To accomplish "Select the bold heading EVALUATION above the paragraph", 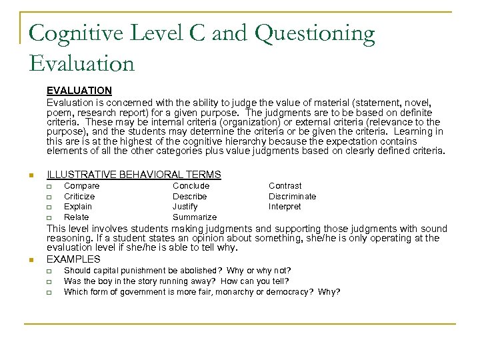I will pyautogui.click(x=79, y=90).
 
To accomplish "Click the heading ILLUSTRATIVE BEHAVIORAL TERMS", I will pyautogui.click(x=133, y=175).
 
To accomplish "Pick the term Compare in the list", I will pyautogui.click(x=81, y=186).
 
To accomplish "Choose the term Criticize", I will pyautogui.click(x=79, y=197).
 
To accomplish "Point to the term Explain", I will pyautogui.click(x=78, y=207).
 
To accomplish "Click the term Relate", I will pyautogui.click(x=76, y=217).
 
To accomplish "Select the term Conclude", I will pyautogui.click(x=191, y=186).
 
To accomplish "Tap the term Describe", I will pyautogui.click(x=190, y=197).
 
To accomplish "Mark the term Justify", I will pyautogui.click(x=186, y=207).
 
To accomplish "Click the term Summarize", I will pyautogui.click(x=195, y=217).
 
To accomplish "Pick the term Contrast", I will pyautogui.click(x=285, y=186).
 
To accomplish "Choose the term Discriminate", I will pyautogui.click(x=292, y=197).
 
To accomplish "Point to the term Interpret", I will pyautogui.click(x=285, y=207).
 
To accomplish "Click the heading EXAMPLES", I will pyautogui.click(x=73, y=259).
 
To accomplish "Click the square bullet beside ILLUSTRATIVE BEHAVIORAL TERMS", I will pyautogui.click(x=31, y=176).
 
